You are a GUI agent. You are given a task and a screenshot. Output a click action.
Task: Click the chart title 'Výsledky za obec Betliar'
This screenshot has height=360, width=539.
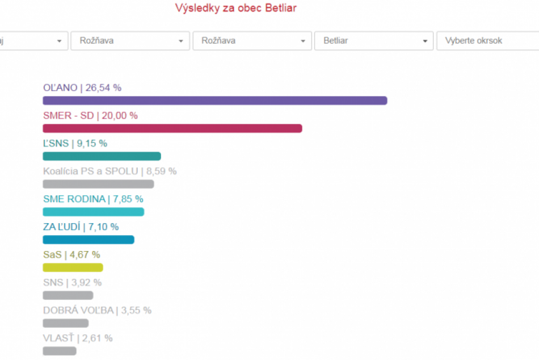pyautogui.click(x=235, y=8)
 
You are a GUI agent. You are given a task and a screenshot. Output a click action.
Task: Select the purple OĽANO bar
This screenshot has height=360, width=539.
pyautogui.click(x=214, y=101)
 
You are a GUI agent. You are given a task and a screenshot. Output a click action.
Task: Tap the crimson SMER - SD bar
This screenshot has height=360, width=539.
pyautogui.click(x=172, y=128)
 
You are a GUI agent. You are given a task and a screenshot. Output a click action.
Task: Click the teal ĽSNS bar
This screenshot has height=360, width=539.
pyautogui.click(x=102, y=156)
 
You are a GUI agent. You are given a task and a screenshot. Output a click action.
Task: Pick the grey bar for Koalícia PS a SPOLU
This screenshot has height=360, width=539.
pyautogui.click(x=98, y=184)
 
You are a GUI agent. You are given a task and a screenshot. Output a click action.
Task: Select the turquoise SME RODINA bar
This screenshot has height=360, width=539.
pyautogui.click(x=93, y=212)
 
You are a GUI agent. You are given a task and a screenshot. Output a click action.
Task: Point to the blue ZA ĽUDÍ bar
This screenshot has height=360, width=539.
pyautogui.click(x=88, y=240)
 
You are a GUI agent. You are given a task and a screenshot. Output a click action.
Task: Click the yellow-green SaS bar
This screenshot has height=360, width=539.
pyautogui.click(x=73, y=267)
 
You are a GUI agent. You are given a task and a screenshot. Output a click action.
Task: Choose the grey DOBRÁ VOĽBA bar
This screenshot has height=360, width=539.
pyautogui.click(x=65, y=323)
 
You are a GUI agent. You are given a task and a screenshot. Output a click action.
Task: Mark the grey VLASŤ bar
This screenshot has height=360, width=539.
pyautogui.click(x=59, y=351)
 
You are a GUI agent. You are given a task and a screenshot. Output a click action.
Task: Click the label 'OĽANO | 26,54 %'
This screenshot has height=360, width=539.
pyautogui.click(x=82, y=88)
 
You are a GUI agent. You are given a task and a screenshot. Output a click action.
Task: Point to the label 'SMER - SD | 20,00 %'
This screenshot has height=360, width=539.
pyautogui.click(x=90, y=115)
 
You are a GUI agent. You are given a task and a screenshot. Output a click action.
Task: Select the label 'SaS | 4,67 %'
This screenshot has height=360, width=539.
pyautogui.click(x=71, y=254)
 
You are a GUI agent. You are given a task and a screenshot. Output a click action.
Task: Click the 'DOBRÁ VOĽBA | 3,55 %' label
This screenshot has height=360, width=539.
pyautogui.click(x=97, y=310)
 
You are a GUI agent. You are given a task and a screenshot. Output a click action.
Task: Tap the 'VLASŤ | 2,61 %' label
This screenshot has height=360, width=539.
pyautogui.click(x=78, y=338)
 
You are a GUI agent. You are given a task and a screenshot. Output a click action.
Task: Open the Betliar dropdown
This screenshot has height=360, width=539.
pyautogui.click(x=374, y=41)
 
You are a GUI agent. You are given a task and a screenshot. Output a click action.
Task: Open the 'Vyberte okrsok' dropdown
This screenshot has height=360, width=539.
pyautogui.click(x=487, y=41)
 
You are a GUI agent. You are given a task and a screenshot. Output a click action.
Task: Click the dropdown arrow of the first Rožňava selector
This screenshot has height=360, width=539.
pyautogui.click(x=180, y=41)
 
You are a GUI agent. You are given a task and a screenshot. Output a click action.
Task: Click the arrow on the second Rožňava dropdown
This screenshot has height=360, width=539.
pyautogui.click(x=302, y=41)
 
